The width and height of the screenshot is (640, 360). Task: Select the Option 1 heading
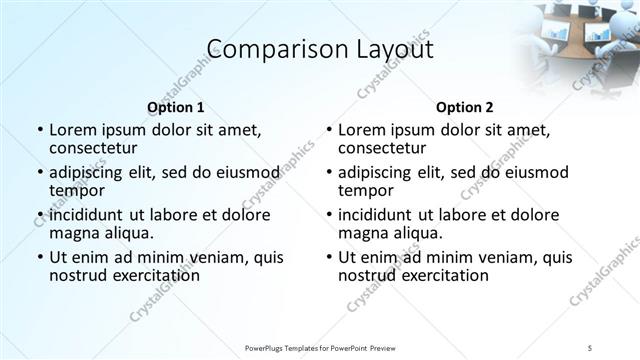175,107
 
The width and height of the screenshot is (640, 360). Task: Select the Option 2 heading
465,107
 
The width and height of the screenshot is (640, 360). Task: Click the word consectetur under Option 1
98,147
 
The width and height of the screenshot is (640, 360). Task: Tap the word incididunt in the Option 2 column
375,215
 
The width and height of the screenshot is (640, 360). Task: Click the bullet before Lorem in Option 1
39,130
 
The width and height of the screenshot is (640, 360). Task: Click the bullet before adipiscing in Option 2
328,173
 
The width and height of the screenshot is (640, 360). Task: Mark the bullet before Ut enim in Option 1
39,258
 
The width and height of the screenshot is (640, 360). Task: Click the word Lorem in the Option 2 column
361,130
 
